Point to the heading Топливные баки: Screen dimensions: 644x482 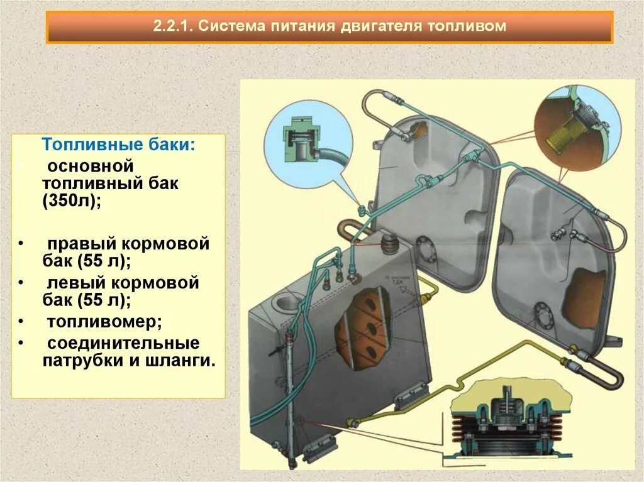[x=118, y=145]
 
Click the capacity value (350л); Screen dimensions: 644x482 [x=72, y=202]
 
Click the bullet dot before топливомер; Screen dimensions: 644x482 [x=21, y=322]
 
